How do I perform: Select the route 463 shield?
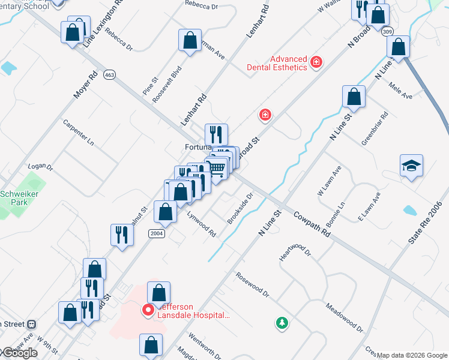[109, 75]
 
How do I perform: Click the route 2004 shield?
[157, 233]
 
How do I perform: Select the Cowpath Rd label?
[313, 223]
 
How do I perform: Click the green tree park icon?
[282, 323]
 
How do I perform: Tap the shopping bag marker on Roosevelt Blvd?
[190, 41]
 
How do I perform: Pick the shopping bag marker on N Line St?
[354, 97]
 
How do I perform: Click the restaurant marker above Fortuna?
[216, 134]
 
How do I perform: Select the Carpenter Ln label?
[79, 133]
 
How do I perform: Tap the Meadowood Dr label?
[345, 317]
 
